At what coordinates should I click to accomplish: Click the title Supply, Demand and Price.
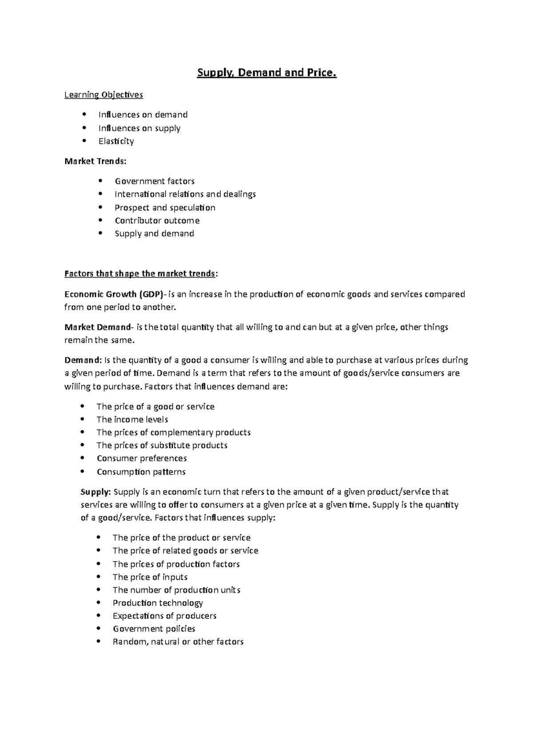pos(266,72)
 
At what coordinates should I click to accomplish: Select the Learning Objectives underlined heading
pos(103,95)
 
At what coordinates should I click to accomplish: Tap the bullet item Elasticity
pos(116,141)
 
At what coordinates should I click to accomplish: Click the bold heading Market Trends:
pos(95,161)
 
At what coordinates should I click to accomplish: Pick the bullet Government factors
pos(154,181)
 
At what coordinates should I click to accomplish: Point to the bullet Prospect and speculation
pos(165,208)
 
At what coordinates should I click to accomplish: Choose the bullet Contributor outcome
pos(157,221)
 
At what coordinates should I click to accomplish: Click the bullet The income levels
pos(132,420)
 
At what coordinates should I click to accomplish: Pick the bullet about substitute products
pos(162,446)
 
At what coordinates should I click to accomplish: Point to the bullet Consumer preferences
pos(141,458)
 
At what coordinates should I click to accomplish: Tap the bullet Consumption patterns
pos(141,472)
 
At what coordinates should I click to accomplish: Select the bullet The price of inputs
pos(150,577)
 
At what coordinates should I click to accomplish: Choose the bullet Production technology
pos(157,603)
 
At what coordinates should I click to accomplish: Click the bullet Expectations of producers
pos(164,616)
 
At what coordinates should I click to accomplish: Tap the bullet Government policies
pos(154,629)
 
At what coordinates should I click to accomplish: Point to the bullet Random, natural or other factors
pos(178,642)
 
